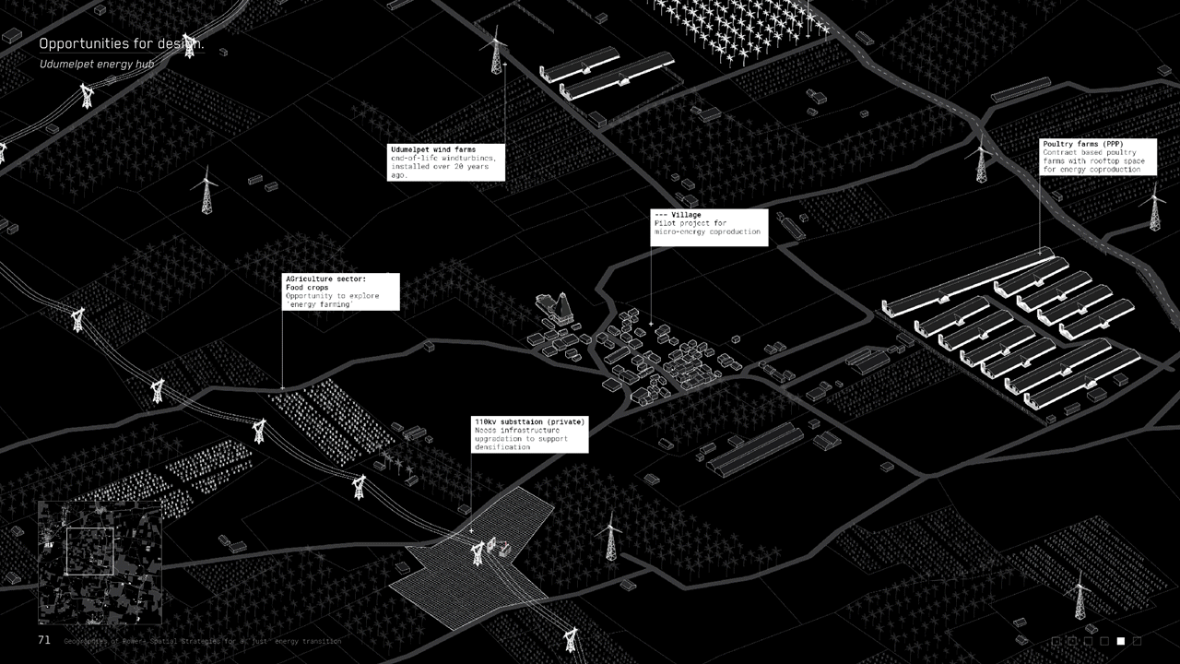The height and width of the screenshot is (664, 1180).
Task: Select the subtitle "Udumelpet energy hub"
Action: click(x=96, y=65)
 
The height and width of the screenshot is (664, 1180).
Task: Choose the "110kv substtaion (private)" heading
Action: click(x=529, y=422)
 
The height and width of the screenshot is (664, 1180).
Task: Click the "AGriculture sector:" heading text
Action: click(x=325, y=279)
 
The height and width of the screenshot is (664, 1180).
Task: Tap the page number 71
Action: click(x=44, y=640)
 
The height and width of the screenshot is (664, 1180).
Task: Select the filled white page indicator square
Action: click(x=1121, y=641)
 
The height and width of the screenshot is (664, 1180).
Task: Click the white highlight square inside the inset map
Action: click(x=89, y=551)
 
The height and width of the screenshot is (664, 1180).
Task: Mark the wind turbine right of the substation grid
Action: click(x=608, y=538)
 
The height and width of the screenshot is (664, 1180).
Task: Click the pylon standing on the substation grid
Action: click(x=478, y=552)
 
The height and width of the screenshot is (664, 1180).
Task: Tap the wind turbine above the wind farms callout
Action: click(x=496, y=51)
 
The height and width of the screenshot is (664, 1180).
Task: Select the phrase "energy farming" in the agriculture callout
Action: click(x=320, y=304)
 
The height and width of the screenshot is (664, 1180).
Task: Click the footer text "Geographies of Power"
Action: click(x=101, y=641)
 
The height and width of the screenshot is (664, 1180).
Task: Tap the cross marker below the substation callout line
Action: click(x=471, y=531)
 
